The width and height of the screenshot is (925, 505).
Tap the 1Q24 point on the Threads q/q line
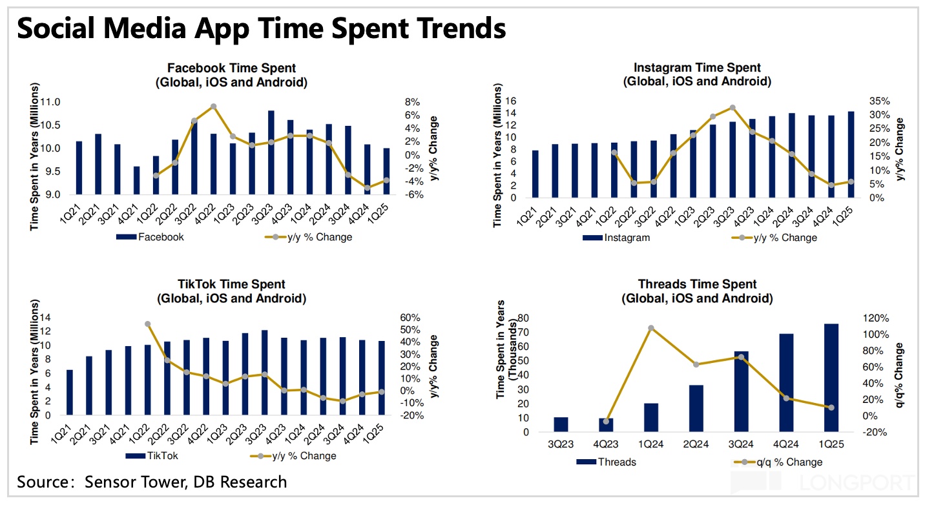651,328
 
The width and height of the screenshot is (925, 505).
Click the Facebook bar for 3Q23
271,152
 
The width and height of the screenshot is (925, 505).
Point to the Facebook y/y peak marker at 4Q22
213,107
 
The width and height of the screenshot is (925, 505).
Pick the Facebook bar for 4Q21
136,180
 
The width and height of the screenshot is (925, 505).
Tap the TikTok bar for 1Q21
70,392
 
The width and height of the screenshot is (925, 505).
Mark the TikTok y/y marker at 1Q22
147,324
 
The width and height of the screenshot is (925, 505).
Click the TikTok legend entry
152,456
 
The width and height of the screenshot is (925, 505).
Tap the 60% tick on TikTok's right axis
411,318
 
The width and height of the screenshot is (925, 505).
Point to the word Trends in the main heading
446,28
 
